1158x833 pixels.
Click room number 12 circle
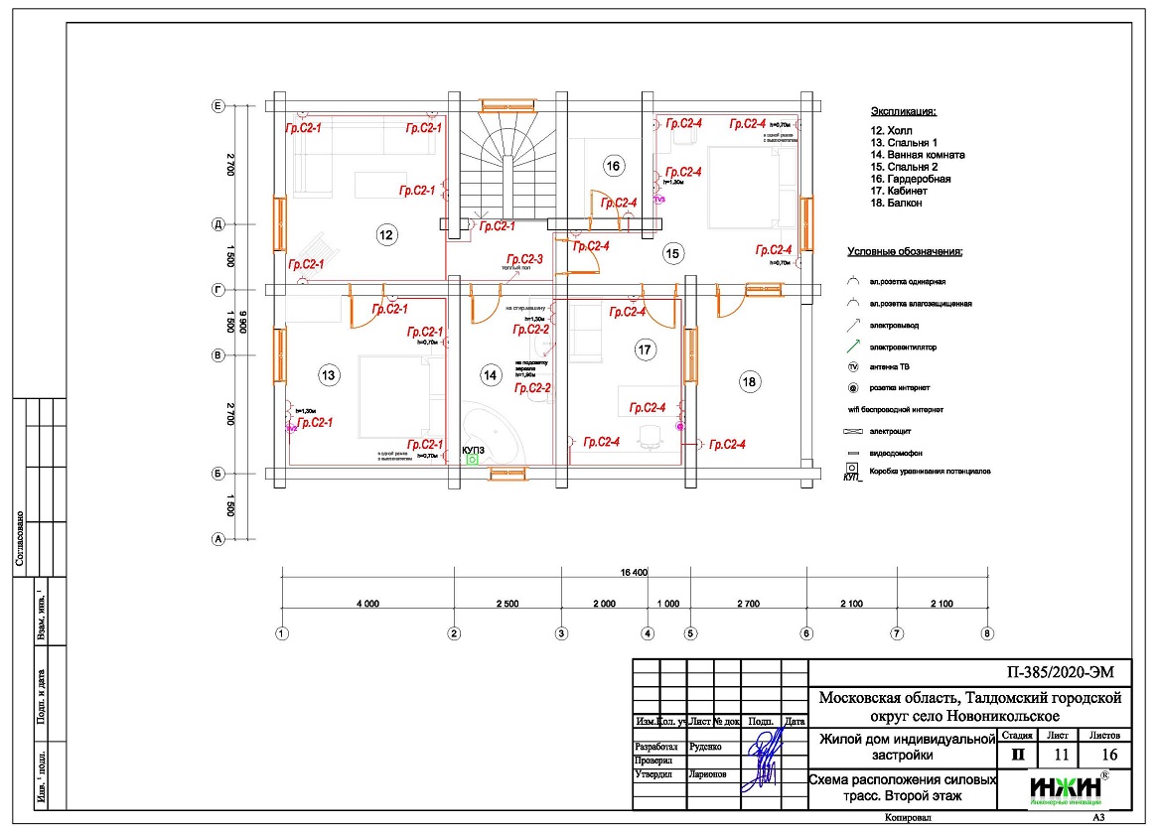coord(385,234)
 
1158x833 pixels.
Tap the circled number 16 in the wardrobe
coord(613,166)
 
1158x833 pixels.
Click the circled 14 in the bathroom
coord(491,374)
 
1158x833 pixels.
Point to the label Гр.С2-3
coord(523,258)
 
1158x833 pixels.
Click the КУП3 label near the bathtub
coord(474,449)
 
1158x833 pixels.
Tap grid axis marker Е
coord(217,105)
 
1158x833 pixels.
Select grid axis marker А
coord(217,539)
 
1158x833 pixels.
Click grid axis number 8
coord(987,632)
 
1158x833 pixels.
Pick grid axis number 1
coord(282,632)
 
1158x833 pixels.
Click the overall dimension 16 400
coord(634,572)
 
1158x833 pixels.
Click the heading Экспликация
coord(904,112)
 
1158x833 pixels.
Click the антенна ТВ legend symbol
coord(852,367)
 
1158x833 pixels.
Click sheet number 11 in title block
coord(1062,755)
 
